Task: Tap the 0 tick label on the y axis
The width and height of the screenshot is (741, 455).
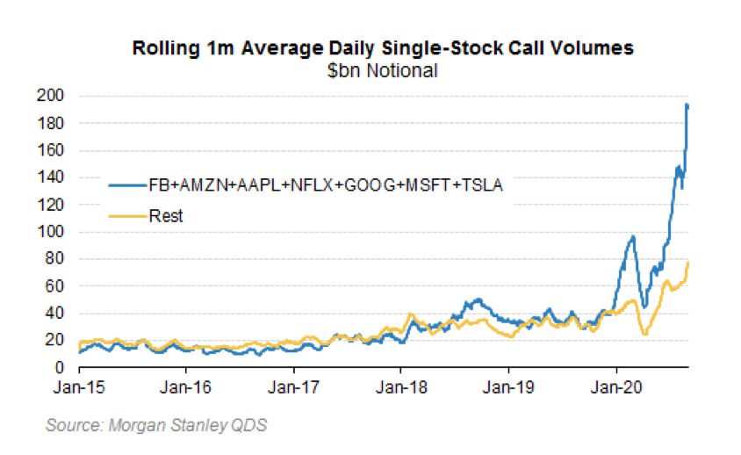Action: (x=68, y=367)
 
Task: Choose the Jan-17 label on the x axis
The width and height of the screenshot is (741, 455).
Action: (x=293, y=386)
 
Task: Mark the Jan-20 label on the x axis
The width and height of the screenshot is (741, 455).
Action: (x=615, y=386)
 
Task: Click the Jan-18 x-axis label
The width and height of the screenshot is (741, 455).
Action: (x=400, y=386)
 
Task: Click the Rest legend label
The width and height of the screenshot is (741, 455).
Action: (x=166, y=215)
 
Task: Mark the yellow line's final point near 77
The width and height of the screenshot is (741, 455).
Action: (x=688, y=263)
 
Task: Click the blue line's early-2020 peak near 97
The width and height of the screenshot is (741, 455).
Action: (x=632, y=236)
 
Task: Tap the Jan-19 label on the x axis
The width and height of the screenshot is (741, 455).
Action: (x=508, y=386)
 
